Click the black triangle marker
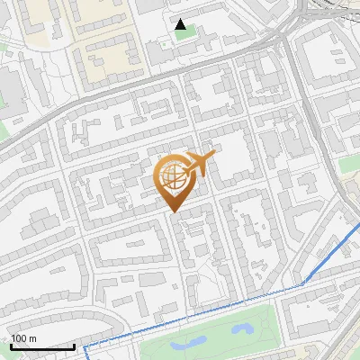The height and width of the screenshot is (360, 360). coord(182,25)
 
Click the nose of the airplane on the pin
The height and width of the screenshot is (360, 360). coord(213,157)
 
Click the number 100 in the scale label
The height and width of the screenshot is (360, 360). coord(19,338)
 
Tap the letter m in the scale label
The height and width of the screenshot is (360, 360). coord(32,338)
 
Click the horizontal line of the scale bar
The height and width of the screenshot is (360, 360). coord(42,346)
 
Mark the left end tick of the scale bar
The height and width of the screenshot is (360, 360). coord(12,346)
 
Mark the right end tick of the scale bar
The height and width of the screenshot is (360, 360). coord(74,346)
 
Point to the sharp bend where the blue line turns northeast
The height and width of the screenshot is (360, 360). coord(303,283)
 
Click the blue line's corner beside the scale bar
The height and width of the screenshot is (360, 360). coord(85,346)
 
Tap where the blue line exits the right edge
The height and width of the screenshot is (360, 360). coord(357,224)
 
